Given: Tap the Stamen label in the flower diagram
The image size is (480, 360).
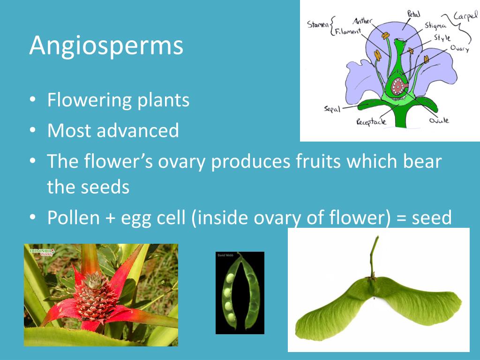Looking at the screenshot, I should [318, 24].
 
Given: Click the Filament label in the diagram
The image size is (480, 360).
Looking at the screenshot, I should [348, 32].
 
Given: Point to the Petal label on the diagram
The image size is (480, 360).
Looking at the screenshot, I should [413, 14].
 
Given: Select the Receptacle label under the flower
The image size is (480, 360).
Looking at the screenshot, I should [371, 122].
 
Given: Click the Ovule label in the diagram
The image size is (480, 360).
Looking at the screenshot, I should [439, 120].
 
